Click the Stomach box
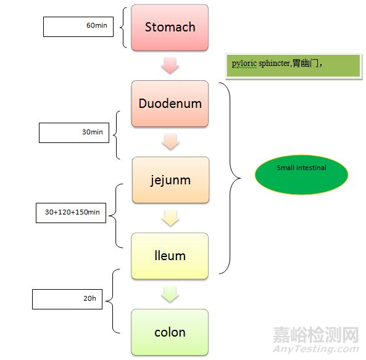pos(170,27)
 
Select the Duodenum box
pos(170,104)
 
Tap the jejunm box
pos(170,180)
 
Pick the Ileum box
pos(170,255)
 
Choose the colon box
pos(170,332)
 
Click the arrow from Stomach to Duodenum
pos(170,65)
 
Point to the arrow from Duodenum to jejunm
pos(170,142)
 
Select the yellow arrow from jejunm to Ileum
pos(170,218)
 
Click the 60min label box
pos(78,27)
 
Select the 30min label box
pos(73,133)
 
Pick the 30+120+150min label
pos(72,213)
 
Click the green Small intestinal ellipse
pos(302,174)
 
